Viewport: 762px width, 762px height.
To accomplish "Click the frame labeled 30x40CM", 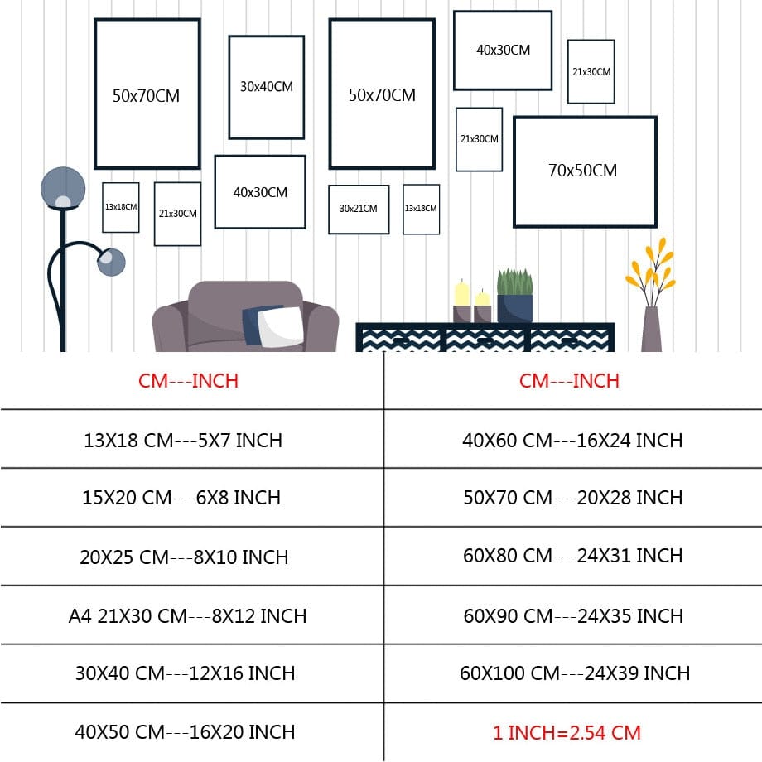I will pos(267,87).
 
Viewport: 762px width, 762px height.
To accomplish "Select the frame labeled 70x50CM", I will pos(584,171).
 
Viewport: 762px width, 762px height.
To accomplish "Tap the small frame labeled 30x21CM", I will pos(359,209).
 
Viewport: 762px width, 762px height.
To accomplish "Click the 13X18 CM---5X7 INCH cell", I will pos(183,440).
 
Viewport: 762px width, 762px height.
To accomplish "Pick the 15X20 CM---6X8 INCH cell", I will pos(181,498).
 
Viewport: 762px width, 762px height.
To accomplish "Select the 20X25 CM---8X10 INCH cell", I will pos(184,557).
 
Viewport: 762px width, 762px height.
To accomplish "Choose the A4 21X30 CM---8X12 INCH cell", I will pos(187,616).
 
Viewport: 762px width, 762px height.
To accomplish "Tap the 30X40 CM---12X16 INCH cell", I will pos(185,673).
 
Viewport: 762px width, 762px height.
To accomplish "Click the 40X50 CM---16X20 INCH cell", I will pos(185,732).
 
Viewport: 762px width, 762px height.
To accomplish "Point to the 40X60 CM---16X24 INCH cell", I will pos(572,440).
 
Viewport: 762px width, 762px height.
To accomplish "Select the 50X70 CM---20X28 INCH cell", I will pos(572,498).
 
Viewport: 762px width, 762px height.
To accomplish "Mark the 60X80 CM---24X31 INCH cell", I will pos(572,556).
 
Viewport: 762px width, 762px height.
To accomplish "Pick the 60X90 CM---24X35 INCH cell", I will pos(572,616).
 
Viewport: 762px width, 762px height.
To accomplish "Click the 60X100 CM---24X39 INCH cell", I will pos(575,673).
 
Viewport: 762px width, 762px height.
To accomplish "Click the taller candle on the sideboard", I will pos(461,301).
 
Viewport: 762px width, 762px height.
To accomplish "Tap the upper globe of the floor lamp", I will pos(63,188).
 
